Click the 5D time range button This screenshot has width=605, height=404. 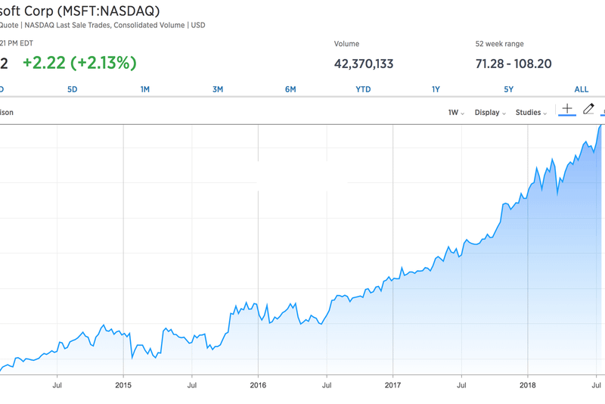73,89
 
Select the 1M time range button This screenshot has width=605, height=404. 145,89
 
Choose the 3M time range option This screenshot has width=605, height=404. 218,89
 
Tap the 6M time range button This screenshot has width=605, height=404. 290,89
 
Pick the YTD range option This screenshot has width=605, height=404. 363,89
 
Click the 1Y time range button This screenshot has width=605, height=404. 436,89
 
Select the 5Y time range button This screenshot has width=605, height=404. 509,89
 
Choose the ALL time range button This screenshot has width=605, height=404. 582,89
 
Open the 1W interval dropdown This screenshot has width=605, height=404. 456,113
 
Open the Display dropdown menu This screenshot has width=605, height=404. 490,113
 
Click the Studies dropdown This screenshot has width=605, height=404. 532,113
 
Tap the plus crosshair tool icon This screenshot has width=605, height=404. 567,110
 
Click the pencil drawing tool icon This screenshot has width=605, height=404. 588,110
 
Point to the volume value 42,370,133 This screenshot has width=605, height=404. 364,64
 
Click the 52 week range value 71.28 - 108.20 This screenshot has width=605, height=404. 513,64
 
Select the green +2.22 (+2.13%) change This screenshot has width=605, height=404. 79,63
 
